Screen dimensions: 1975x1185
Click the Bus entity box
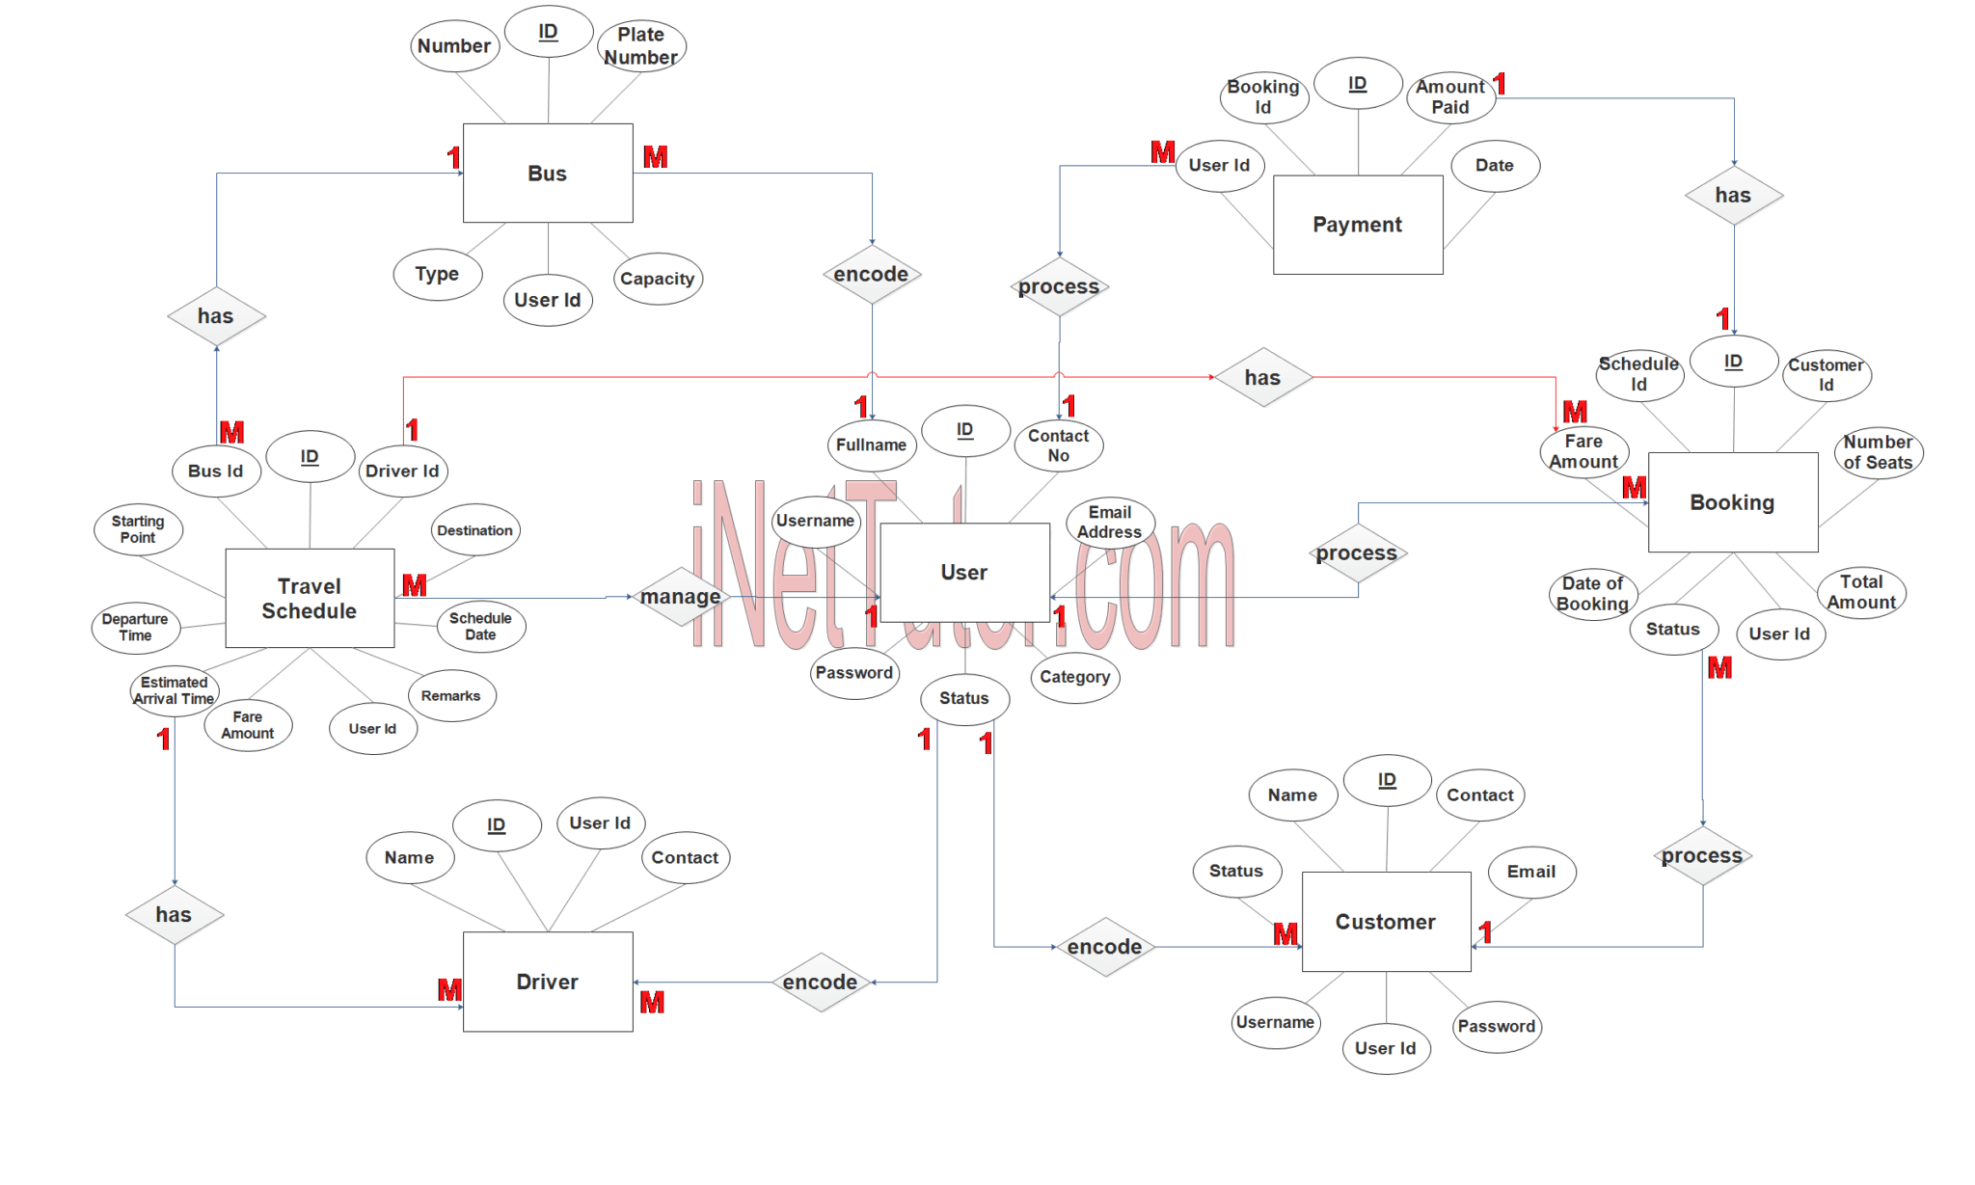click(x=548, y=174)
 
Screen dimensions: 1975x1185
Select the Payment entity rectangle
click(x=1358, y=225)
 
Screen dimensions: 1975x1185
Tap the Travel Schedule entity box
click(x=310, y=599)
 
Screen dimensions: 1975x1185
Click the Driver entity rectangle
click(x=548, y=982)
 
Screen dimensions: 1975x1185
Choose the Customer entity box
click(x=1386, y=922)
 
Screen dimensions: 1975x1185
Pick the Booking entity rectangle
click(x=1733, y=502)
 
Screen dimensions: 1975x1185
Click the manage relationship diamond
click(x=681, y=597)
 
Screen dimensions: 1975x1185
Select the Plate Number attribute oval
click(x=641, y=46)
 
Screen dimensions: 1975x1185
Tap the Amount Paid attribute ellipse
click(x=1450, y=96)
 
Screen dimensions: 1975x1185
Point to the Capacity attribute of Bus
click(x=658, y=279)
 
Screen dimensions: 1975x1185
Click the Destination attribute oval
click(x=475, y=529)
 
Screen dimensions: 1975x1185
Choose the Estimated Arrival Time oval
click(x=175, y=690)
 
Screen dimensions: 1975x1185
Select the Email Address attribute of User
click(x=1110, y=523)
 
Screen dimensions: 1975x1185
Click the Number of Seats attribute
click(x=1879, y=452)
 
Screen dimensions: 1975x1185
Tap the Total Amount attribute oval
click(x=1861, y=592)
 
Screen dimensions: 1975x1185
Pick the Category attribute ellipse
click(x=1075, y=677)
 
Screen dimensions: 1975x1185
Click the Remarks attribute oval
click(x=451, y=695)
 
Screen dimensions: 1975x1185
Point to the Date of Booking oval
click(x=1593, y=594)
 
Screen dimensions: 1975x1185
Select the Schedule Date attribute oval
click(x=481, y=626)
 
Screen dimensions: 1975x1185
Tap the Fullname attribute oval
click(x=872, y=445)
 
